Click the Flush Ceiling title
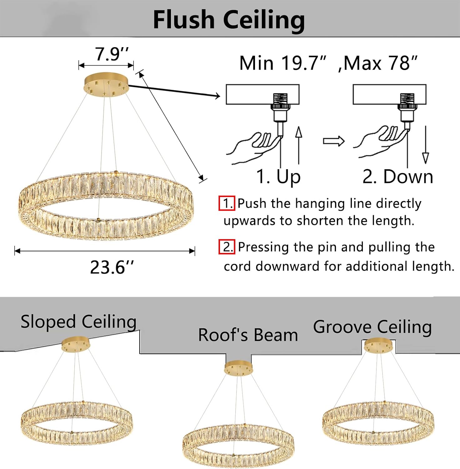pos(229,20)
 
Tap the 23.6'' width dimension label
pos(112,267)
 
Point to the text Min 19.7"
pos(283,63)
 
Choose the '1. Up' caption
pos(278,177)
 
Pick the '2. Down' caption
pos(398,177)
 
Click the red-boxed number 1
pos(227,203)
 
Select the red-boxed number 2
pos(227,247)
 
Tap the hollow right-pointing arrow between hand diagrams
pos(333,141)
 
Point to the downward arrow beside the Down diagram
pos(425,144)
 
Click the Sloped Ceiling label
pos(78,322)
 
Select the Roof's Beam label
pos(248,335)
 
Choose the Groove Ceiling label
pos(372,327)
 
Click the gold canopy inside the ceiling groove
pos(379,346)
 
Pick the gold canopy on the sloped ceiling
pos(76,344)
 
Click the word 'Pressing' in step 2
pos(263,247)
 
